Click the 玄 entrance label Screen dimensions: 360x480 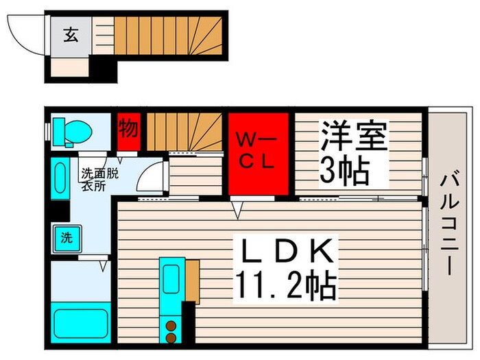71,34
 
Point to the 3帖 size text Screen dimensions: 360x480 344,169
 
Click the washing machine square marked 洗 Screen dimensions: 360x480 66,239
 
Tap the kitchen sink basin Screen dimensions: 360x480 170,278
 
